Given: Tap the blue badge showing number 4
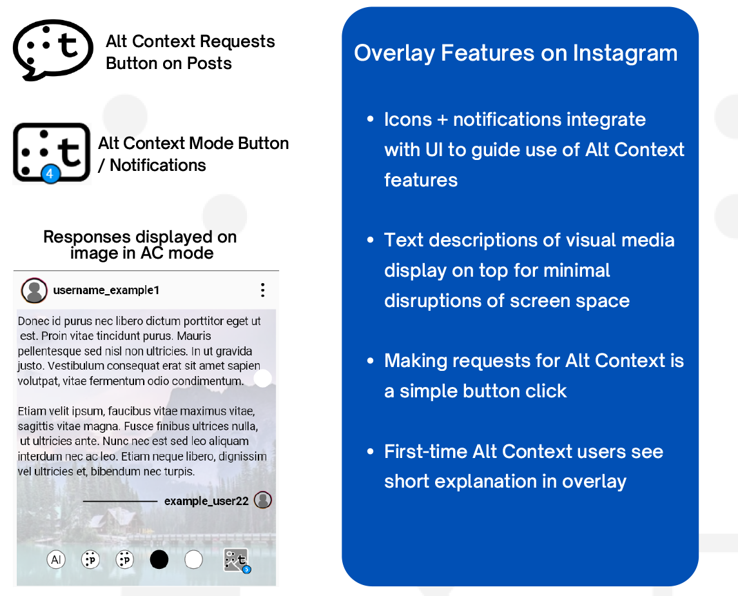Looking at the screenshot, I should (50, 174).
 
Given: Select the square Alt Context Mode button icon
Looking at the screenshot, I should (52, 153).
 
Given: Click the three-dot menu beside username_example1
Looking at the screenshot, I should (262, 290).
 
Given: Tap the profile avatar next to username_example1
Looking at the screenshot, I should (34, 290).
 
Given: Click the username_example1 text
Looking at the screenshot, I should (106, 290).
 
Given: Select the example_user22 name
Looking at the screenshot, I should (206, 501).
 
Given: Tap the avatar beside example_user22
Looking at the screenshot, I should (263, 500).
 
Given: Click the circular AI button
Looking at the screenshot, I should (56, 559).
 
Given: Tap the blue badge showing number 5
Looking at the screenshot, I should (246, 570).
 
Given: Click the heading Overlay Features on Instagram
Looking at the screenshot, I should (516, 53).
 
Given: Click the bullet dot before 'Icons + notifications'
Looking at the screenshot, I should (370, 120).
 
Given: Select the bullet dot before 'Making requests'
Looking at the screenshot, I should (370, 361).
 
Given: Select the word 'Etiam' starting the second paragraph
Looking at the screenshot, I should (32, 411).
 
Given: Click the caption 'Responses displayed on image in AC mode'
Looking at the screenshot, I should (141, 245).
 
